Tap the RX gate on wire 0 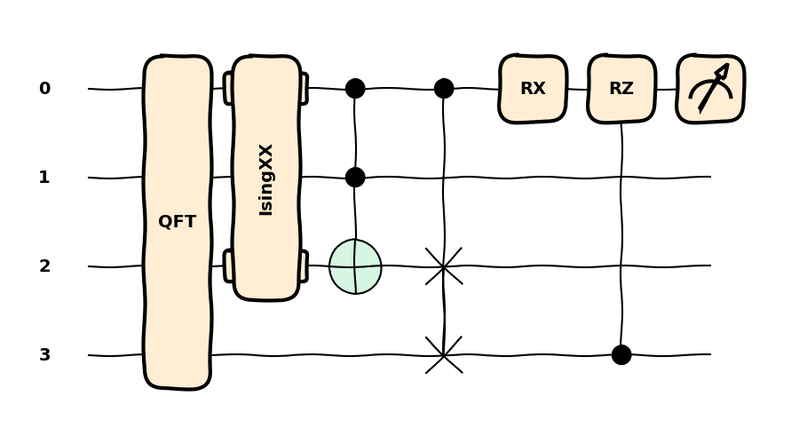533,89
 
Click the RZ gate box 621,89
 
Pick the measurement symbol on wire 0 710,89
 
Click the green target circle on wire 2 355,266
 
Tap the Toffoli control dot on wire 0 355,89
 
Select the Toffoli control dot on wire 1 355,178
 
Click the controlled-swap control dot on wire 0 444,89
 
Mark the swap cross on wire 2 444,266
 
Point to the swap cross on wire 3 444,355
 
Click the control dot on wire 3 621,355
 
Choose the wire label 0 44,89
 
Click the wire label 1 44,178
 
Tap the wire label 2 44,266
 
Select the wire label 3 44,355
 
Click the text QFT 177,222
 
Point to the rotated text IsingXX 266,179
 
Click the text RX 533,89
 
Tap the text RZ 621,89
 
